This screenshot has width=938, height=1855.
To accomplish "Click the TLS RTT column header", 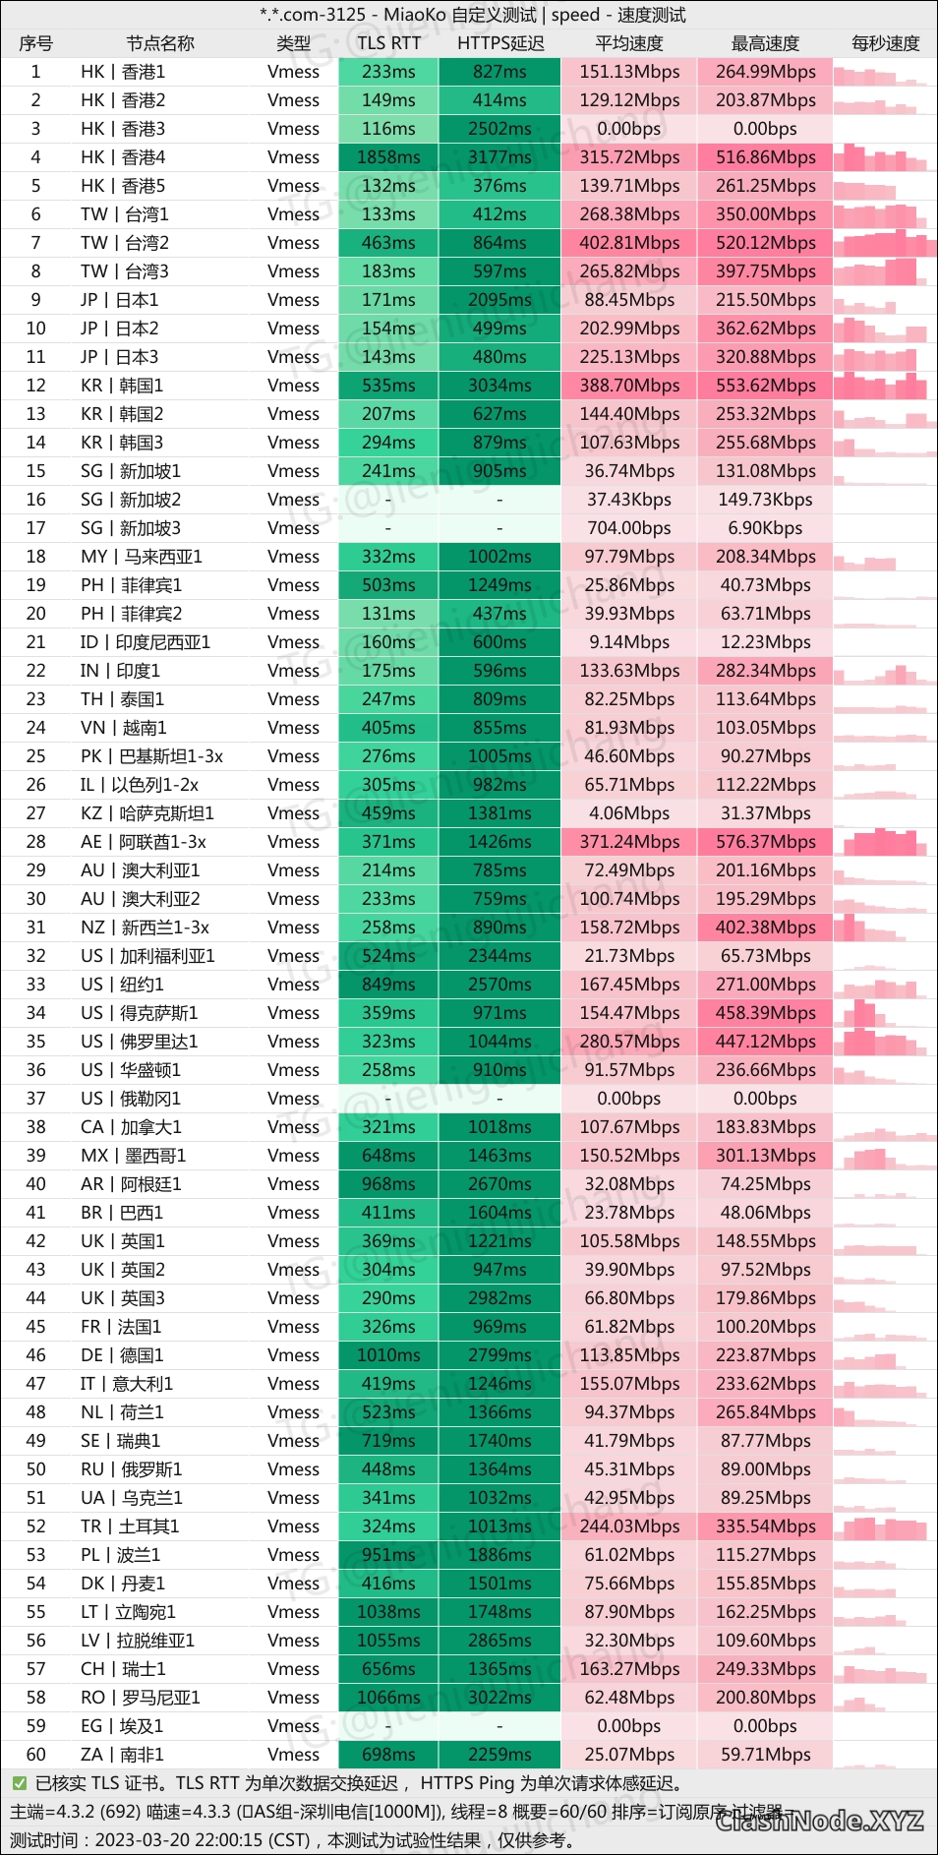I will coord(388,43).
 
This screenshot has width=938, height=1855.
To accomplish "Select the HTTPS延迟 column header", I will coord(499,43).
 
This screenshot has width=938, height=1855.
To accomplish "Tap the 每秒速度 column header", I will coord(885,43).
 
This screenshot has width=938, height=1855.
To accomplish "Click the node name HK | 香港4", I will coord(123,157).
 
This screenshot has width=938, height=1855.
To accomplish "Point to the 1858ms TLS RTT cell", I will coord(388,157).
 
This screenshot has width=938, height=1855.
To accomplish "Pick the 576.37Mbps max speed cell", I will coord(765,842).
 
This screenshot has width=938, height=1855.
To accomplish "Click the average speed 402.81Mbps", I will coord(629,243).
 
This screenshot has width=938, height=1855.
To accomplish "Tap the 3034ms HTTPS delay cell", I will coord(499,386).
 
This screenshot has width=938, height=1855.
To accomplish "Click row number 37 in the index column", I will coord(35,1099).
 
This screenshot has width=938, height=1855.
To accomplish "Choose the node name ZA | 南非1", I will coord(122,1755).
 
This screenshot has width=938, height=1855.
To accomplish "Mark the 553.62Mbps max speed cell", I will coord(765,386).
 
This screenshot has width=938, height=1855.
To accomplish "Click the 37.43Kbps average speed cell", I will coord(629,500).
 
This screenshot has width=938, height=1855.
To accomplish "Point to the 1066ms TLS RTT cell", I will coord(388,1698).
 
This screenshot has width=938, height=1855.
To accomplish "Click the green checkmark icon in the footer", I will coord(19,1783).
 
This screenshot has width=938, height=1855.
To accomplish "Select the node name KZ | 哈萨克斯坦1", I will coord(147,813).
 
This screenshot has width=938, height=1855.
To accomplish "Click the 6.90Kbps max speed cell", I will coord(765,528).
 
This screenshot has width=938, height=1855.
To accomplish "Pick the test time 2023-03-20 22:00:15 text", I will coord(202,1840).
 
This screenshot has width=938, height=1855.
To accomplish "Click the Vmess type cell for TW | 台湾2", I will coord(293,243).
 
